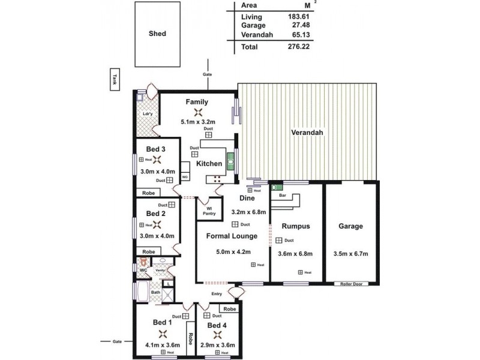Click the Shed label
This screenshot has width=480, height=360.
coord(157,34)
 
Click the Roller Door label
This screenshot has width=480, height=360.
coord(351,284)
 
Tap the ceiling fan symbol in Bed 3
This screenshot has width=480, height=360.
coord(157,160)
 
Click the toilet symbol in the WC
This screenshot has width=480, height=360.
coord(143,262)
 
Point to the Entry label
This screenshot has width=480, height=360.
coord(217,293)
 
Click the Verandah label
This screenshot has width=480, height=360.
coord(308,132)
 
